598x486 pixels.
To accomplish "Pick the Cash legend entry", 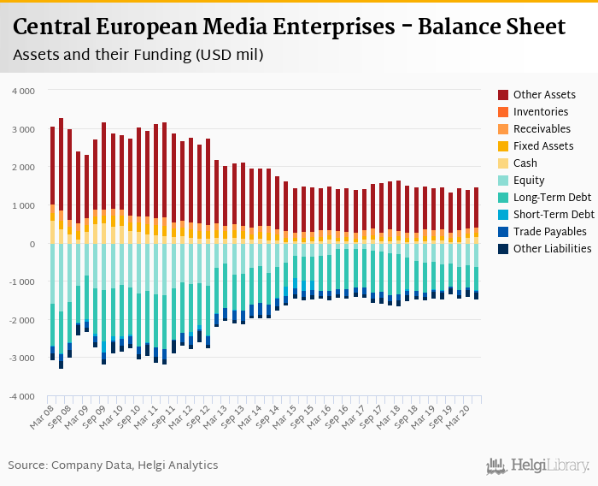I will click(x=526, y=163).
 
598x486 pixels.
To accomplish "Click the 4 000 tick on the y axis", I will click(x=23, y=91).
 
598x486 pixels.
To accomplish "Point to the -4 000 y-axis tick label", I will click(x=21, y=396).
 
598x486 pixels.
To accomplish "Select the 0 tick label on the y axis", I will click(x=32, y=244).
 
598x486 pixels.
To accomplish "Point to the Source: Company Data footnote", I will click(x=113, y=465).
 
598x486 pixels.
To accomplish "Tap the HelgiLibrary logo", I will click(x=538, y=466).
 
